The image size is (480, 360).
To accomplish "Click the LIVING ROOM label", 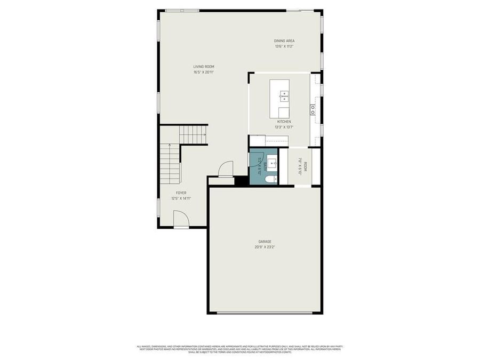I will [x=204, y=67].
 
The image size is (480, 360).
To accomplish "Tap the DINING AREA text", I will [x=284, y=41].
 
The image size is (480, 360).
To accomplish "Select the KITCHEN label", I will [x=284, y=122].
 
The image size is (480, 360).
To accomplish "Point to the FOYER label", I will [x=181, y=193].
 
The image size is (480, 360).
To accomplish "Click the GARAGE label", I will [x=265, y=242].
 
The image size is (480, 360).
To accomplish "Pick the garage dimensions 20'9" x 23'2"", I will [x=265, y=247].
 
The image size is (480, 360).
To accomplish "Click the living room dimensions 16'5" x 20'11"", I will [x=204, y=72].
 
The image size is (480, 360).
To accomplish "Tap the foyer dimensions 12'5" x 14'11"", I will [x=181, y=198].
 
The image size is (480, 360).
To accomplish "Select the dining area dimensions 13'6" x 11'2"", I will [x=284, y=46].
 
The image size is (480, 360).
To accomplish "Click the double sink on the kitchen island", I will [x=284, y=96].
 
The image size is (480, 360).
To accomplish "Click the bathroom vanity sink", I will [x=271, y=163].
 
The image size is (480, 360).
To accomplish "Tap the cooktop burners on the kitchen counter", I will [x=313, y=110].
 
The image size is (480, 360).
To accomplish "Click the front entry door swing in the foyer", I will [x=181, y=219].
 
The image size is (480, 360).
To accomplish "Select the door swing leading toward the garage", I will [x=226, y=168].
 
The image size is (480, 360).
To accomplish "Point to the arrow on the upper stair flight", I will [x=204, y=135].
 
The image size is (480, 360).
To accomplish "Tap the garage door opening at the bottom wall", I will [x=265, y=313].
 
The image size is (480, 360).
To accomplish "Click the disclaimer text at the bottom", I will [x=240, y=349].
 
